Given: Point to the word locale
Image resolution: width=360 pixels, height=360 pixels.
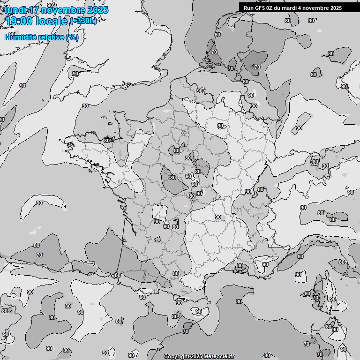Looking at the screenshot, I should point(54,21).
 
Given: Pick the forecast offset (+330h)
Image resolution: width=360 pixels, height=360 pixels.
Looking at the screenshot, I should point(83,21).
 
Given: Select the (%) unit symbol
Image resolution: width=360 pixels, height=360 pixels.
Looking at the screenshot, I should point(72,37).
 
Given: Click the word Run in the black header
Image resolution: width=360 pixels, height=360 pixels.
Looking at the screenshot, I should point(248,7).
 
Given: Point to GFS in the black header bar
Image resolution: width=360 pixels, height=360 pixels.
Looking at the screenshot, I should point(260,7).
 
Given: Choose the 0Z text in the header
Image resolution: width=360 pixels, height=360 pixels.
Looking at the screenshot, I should point(271,7).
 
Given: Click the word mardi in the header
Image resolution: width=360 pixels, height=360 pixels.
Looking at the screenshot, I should point(293,7).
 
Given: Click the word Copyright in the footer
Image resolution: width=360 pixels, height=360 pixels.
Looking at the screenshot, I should point(176,356).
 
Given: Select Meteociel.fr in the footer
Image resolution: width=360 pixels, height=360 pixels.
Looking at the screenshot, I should point(219,356).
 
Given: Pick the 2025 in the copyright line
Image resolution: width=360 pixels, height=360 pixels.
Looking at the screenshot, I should point(196,356).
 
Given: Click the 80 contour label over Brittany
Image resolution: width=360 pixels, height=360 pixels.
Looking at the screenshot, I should point(107,140).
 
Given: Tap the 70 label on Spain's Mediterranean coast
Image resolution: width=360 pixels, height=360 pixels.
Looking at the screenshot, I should point(186,331).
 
